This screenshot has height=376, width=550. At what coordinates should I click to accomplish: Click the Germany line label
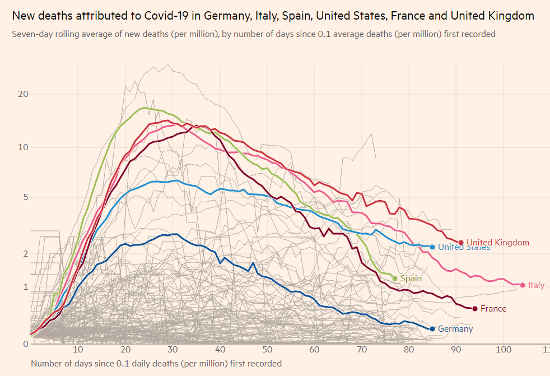(x=455, y=329)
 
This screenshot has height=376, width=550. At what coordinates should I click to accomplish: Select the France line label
(x=493, y=309)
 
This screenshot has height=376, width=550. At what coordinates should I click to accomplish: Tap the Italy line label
(x=536, y=285)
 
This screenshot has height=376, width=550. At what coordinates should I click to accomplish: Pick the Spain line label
(x=411, y=278)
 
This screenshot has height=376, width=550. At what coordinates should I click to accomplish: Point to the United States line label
(x=464, y=247)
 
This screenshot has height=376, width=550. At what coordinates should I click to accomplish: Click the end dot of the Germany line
(x=432, y=329)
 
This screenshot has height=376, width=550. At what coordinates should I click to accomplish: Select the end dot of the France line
(x=475, y=309)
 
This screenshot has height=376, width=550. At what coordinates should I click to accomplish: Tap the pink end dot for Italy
(x=523, y=285)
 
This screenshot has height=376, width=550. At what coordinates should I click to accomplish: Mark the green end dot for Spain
(x=395, y=278)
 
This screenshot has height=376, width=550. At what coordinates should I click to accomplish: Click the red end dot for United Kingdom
(x=461, y=243)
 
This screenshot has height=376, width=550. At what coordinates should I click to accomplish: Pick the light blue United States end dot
(x=432, y=247)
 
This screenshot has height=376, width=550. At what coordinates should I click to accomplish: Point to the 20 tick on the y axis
(x=23, y=94)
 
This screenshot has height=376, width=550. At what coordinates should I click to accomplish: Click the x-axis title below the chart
(x=156, y=364)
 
